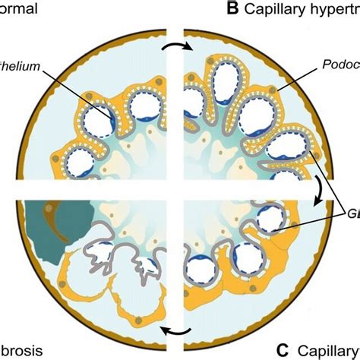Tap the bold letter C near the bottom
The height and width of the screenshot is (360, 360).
[x=282, y=350]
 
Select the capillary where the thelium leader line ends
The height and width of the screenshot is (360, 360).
[x=99, y=122]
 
